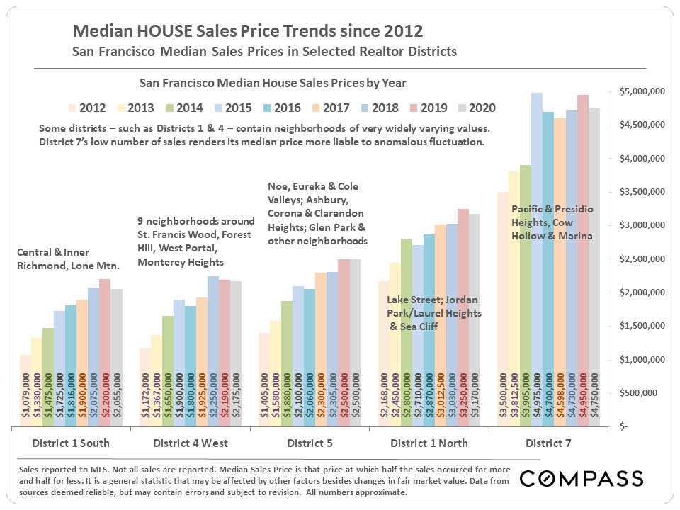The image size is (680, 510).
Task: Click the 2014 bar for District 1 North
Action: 407,333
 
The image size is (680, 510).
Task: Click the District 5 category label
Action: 310,443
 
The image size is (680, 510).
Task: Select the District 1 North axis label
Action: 429,443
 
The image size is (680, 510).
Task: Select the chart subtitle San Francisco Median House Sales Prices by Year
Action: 273,83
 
